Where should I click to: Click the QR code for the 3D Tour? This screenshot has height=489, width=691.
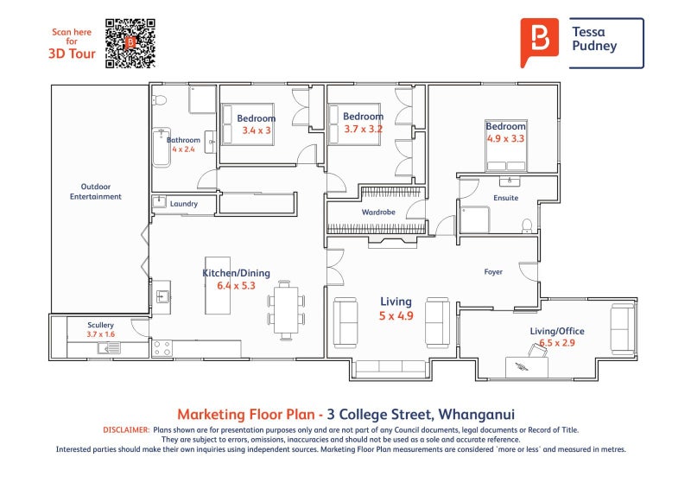(x=130, y=43)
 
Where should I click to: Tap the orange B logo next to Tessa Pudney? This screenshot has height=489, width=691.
(x=539, y=41)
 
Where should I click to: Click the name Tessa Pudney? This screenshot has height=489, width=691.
(x=594, y=39)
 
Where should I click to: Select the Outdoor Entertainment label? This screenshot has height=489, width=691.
(x=96, y=192)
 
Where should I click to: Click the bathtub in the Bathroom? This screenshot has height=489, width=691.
(x=162, y=147)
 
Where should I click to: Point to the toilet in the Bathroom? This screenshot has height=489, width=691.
(x=159, y=100)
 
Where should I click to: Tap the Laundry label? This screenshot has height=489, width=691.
(x=184, y=204)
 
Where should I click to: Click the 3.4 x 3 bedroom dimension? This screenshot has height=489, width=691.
(x=257, y=130)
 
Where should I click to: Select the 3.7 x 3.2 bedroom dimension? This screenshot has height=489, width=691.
(x=363, y=130)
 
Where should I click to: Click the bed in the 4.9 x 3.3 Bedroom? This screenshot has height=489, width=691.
(x=506, y=145)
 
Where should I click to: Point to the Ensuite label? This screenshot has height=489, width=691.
(x=506, y=198)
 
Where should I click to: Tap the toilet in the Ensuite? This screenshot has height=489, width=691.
(x=527, y=225)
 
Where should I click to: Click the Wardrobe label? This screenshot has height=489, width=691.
(x=378, y=212)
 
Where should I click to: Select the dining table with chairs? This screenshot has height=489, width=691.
(x=286, y=310)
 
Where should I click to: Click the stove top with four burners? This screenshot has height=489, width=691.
(x=162, y=348)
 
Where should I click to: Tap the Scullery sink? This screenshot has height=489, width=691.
(x=109, y=349)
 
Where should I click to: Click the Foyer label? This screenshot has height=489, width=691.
(x=493, y=272)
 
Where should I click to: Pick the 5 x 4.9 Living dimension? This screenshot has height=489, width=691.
(x=396, y=315)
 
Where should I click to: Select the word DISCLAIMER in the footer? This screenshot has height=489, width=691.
(x=126, y=430)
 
